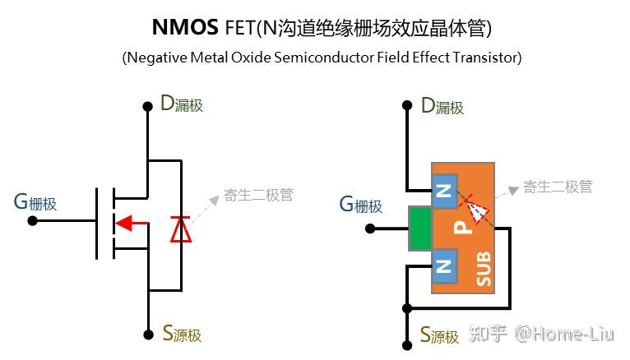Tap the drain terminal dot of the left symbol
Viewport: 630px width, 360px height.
148,106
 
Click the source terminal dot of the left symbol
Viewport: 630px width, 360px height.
148,334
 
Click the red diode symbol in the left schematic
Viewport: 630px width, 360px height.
180,228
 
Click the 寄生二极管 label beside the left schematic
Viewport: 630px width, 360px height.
258,196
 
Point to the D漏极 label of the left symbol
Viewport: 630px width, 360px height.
181,105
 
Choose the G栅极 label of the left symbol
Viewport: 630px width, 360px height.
35,202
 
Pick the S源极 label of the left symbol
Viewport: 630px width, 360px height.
181,335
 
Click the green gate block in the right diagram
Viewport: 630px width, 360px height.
419,228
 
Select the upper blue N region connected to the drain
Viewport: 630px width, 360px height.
444,192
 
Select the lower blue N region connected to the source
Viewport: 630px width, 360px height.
444,265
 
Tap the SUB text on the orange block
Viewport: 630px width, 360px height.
484,268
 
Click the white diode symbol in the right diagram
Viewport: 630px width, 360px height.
475,211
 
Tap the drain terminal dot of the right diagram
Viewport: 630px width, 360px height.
406,106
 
